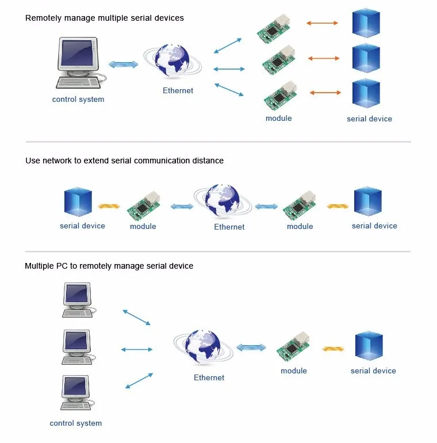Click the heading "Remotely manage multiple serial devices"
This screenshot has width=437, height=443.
(105, 18)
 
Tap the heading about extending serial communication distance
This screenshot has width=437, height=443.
(125, 161)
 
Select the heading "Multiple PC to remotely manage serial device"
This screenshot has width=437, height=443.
(109, 266)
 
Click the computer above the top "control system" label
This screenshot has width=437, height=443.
(80, 63)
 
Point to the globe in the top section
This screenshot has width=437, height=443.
(172, 61)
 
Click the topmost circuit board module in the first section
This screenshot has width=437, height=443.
(273, 28)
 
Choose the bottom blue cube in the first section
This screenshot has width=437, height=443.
(366, 94)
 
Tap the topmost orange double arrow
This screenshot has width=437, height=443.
(322, 23)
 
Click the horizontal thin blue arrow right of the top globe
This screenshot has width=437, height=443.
(229, 69)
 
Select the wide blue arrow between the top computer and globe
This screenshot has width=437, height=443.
(124, 64)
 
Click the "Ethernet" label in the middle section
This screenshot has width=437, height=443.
(229, 227)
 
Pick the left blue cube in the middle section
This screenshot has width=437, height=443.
(78, 202)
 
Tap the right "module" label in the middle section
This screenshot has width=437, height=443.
(300, 226)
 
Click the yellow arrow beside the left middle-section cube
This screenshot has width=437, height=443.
(109, 206)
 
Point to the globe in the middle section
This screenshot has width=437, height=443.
(223, 201)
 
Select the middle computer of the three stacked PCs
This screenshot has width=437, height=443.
(78, 347)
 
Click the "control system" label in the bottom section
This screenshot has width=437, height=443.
(76, 423)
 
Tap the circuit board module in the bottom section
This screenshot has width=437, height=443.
(293, 347)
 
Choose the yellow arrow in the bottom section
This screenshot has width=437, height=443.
(333, 349)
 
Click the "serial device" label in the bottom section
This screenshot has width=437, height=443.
(373, 371)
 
